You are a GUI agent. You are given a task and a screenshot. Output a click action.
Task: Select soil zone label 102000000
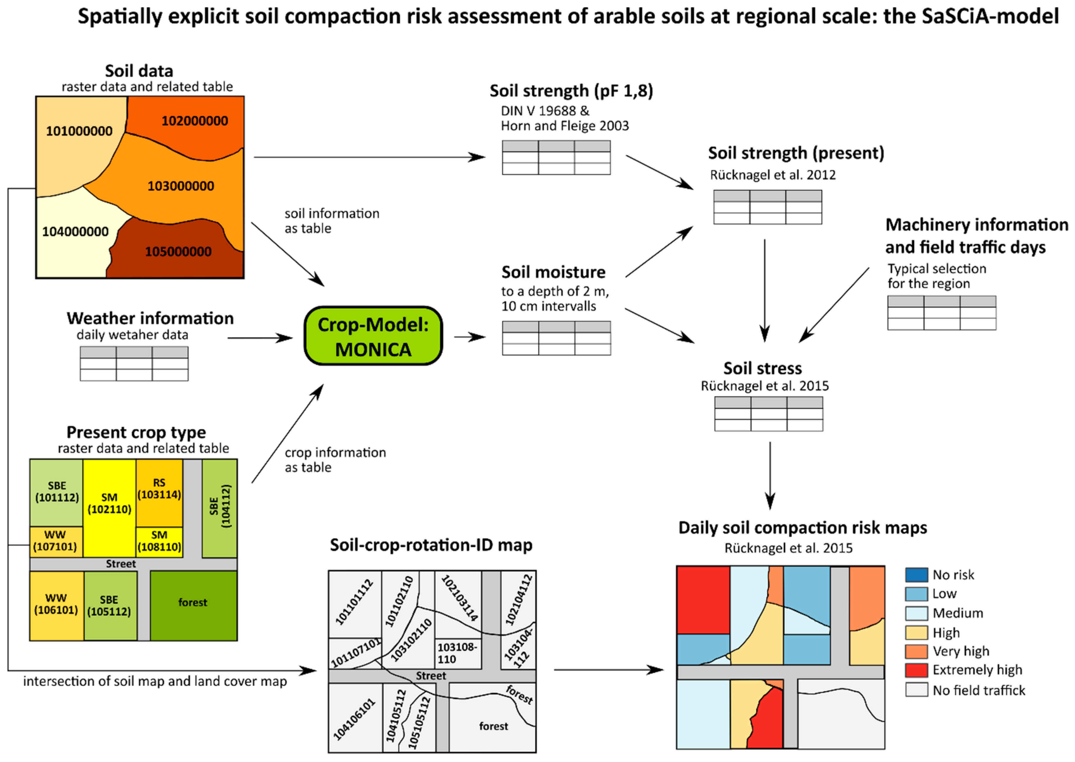(195, 121)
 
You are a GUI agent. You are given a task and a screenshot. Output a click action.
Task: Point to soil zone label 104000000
(75, 232)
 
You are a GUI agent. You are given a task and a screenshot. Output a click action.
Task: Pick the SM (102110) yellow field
(109, 504)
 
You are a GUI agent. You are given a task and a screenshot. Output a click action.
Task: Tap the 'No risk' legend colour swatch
(916, 575)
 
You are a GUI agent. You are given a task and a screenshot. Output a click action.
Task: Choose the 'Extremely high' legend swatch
(916, 670)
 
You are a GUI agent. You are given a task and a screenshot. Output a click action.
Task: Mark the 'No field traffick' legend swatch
(916, 690)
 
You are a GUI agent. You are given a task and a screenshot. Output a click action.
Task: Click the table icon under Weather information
(134, 364)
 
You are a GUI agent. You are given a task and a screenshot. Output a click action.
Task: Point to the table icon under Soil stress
(768, 414)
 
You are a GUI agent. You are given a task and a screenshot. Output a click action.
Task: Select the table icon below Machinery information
(941, 313)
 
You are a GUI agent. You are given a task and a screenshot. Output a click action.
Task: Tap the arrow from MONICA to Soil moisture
(469, 337)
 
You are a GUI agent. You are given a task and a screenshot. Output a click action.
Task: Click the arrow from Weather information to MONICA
(260, 338)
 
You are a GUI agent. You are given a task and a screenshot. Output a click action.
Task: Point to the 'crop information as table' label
(335, 460)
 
